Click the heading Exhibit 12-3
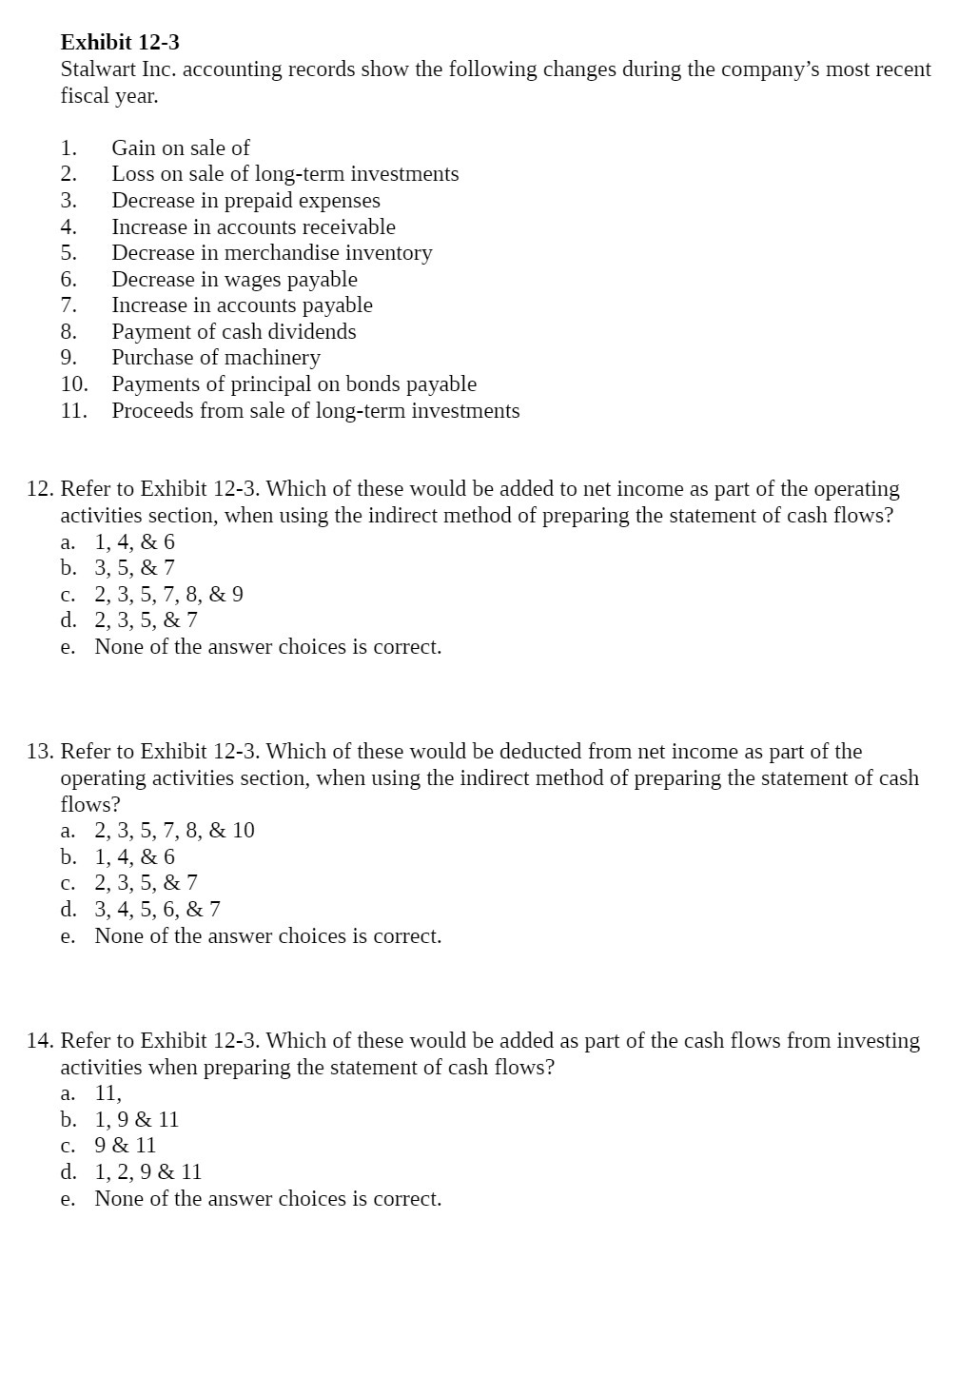120,43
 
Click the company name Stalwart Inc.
117,69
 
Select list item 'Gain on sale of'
181,147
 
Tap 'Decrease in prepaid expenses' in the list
245,201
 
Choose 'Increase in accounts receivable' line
253,227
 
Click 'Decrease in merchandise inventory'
271,253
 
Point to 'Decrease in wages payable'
234,280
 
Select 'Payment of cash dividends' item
233,332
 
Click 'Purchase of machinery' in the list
216,358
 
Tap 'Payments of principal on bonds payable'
294,384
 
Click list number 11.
73,411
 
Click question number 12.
39,489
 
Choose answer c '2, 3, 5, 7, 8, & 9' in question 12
168,595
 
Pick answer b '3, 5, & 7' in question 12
134,568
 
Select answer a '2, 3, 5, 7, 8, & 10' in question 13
174,831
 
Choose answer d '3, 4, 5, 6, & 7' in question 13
157,910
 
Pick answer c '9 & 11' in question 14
125,1146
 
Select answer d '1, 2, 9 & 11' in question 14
147,1172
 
